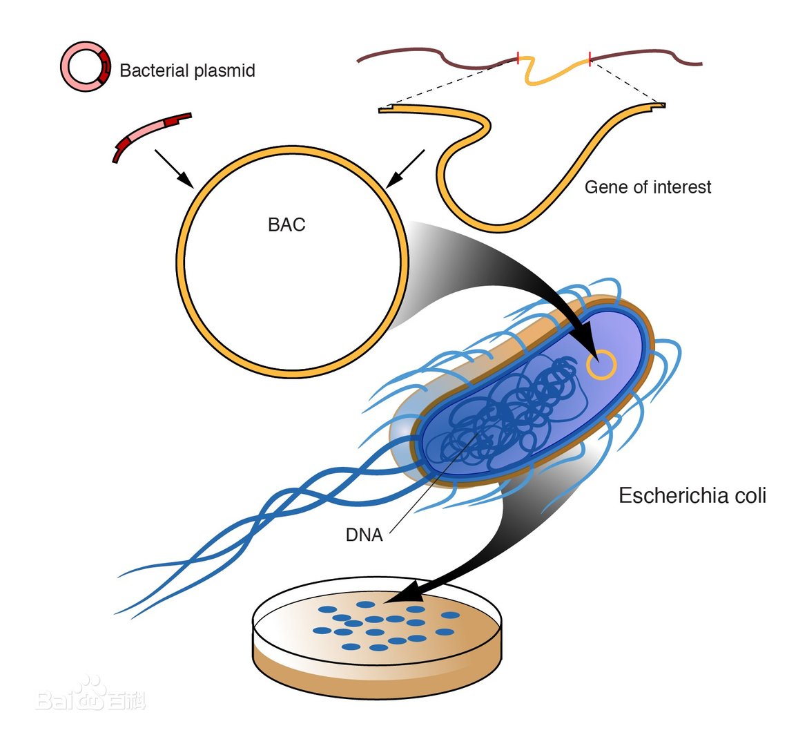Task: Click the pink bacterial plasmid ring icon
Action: tap(85, 68)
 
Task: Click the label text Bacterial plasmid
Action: tap(187, 70)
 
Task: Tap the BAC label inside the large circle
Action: tap(286, 225)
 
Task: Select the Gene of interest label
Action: tap(648, 187)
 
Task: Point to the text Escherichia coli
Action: tap(692, 496)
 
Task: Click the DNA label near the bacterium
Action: tap(364, 535)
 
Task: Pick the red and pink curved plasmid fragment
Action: tap(150, 134)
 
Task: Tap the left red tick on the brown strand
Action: tap(518, 58)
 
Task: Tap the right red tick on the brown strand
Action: tap(589, 58)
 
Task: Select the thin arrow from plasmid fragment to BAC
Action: tap(173, 168)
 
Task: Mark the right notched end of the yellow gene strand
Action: tap(659, 106)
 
